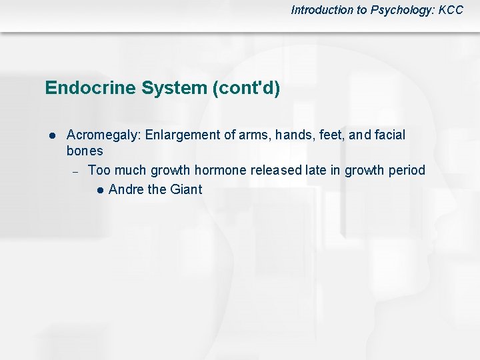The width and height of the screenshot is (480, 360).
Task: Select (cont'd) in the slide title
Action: click(x=244, y=88)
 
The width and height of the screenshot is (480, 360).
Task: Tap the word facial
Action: click(x=389, y=135)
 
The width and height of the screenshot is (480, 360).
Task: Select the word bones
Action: click(x=85, y=151)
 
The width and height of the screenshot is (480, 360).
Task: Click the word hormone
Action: click(x=221, y=170)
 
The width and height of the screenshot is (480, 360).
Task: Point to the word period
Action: click(x=406, y=170)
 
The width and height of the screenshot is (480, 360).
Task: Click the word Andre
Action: click(x=126, y=189)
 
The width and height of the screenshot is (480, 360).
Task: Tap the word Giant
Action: click(x=186, y=189)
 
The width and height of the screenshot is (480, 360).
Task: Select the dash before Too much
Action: click(x=75, y=171)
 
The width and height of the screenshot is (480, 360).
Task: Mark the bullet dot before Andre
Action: click(x=99, y=190)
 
